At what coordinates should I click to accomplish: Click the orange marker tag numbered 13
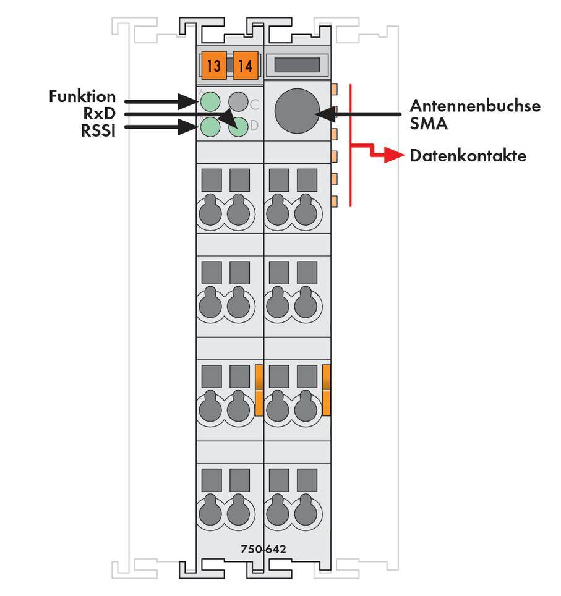[213, 66]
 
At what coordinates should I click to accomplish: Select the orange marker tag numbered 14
[246, 66]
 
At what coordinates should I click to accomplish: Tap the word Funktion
[82, 96]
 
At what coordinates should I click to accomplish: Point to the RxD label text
[100, 113]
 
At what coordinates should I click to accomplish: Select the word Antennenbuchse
[474, 106]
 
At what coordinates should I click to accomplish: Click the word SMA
[429, 124]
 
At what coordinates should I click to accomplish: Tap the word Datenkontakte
[468, 156]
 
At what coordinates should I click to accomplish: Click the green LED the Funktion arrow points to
[211, 101]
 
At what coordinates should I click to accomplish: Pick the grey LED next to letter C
[238, 101]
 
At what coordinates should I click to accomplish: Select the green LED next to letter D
[238, 127]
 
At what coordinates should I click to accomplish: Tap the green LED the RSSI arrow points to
[211, 127]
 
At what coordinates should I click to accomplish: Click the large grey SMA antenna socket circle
[296, 111]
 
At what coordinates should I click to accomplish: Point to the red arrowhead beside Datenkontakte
[390, 156]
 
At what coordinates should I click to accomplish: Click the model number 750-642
[263, 549]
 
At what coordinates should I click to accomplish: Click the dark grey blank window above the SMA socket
[296, 65]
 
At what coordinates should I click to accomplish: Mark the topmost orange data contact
[335, 89]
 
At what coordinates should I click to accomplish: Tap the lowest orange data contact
[335, 201]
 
